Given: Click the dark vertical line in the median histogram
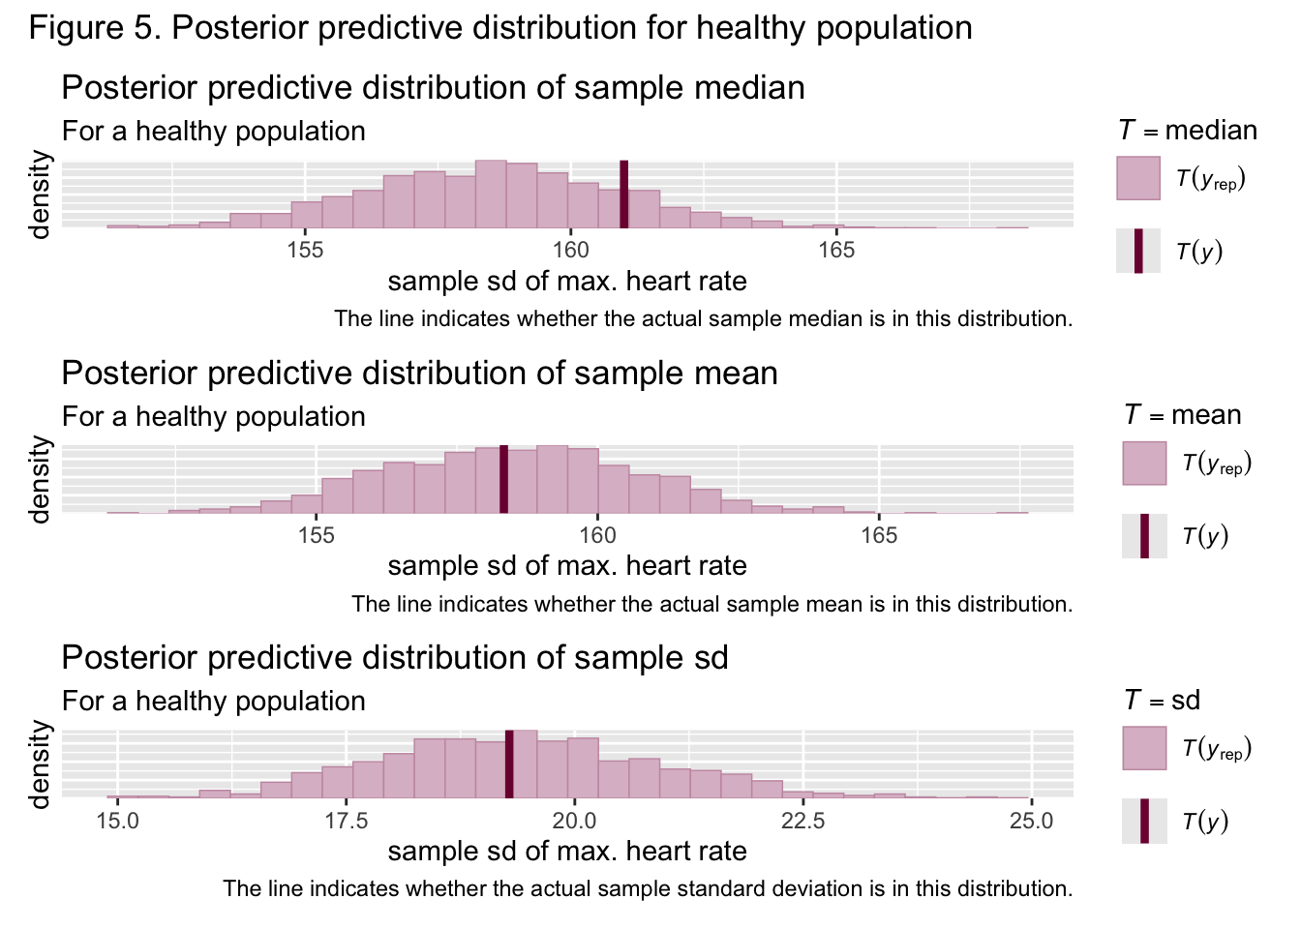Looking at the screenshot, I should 624,194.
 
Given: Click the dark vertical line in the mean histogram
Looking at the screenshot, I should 503,479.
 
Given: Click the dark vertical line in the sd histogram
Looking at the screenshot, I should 509,764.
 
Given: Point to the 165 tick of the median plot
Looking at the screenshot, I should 836,251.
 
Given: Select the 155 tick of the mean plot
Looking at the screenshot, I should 316,535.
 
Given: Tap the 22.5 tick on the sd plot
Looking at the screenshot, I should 802,821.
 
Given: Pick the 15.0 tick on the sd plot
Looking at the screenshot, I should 117,821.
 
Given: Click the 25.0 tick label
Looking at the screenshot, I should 1031,821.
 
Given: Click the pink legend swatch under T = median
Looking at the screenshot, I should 1137,178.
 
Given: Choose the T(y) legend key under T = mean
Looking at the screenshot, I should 1144,536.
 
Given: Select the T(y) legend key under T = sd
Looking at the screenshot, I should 1144,821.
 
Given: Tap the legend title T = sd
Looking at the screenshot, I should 1162,700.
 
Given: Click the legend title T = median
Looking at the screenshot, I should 1187,130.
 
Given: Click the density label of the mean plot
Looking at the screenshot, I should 40,479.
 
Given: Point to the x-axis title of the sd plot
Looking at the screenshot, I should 567,852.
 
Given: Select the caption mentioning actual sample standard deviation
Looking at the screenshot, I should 648,888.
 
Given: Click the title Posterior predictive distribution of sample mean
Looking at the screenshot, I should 419,374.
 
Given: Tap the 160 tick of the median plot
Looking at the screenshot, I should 570,251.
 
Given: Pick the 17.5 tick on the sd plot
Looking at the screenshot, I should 346,821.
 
